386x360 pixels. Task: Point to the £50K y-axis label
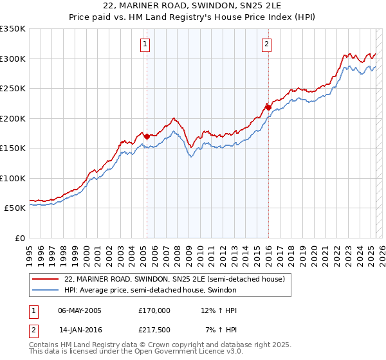tap(14, 208)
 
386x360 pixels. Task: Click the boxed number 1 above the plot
tap(145, 44)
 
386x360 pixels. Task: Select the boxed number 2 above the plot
tap(266, 44)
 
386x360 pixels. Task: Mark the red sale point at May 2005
tap(147, 136)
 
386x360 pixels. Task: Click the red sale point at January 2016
tap(268, 107)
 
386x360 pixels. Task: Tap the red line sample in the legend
tap(46, 279)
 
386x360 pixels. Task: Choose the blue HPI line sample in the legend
tap(46, 290)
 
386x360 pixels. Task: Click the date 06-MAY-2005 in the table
tap(80, 310)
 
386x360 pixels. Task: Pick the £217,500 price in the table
tap(154, 330)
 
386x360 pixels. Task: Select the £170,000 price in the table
tap(154, 310)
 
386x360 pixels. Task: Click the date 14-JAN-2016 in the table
tap(80, 330)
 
